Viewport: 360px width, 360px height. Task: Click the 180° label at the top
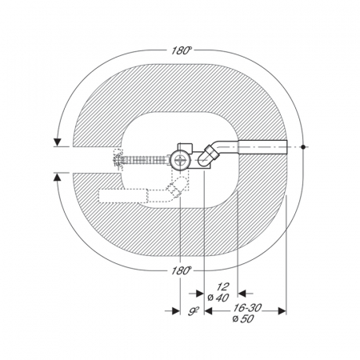(x=182, y=50)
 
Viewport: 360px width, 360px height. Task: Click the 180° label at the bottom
(x=182, y=270)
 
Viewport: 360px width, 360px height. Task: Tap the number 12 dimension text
(x=222, y=287)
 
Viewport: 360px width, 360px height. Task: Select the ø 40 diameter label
(x=218, y=298)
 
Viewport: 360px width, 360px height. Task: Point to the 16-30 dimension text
(x=247, y=308)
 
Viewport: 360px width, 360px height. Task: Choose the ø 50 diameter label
(x=243, y=318)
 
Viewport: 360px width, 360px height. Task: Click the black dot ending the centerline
(x=303, y=146)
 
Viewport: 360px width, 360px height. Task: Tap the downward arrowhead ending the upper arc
(x=58, y=142)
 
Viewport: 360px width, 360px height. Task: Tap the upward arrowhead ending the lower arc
(x=58, y=178)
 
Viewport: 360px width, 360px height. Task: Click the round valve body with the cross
(x=181, y=161)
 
